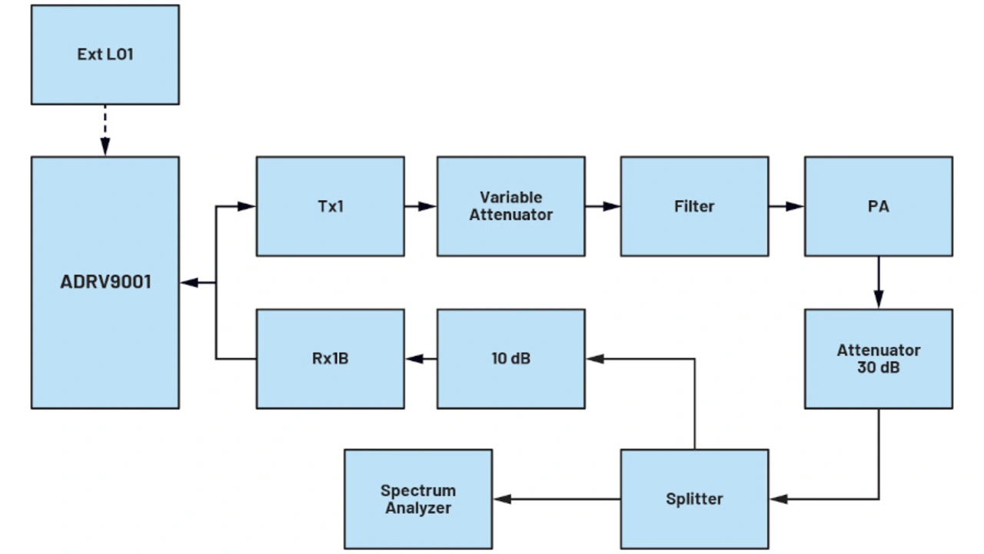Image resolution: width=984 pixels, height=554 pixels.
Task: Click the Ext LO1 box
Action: point(105,55)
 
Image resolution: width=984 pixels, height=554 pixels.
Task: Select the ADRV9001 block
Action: point(105,282)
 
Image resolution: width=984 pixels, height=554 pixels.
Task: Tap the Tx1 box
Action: point(330,206)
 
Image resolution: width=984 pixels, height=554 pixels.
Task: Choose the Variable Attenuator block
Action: point(510,206)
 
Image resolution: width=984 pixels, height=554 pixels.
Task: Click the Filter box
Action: point(694,206)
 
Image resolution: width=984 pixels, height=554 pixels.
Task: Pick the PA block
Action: point(878,206)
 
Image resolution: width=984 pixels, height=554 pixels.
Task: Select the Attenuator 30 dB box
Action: point(878,359)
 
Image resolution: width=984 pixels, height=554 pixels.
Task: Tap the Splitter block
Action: point(694,499)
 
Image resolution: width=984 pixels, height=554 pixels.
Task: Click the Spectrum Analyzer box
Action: point(418,499)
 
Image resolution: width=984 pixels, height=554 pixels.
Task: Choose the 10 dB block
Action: point(510,359)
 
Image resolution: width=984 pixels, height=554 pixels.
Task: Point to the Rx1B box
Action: point(330,359)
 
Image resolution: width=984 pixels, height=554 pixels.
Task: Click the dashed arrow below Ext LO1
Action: point(105,129)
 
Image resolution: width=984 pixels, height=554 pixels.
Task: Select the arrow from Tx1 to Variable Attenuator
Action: point(421,206)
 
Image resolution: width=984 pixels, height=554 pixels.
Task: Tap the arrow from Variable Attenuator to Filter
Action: point(603,206)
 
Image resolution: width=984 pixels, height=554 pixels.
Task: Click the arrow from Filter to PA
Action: point(786,206)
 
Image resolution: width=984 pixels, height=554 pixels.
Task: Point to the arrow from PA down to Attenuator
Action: point(878,282)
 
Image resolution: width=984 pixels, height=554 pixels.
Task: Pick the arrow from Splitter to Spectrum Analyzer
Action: point(557,499)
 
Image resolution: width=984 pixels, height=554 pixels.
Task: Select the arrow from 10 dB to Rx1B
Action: point(421,359)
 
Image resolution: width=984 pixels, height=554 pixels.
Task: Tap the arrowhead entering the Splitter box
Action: point(778,499)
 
